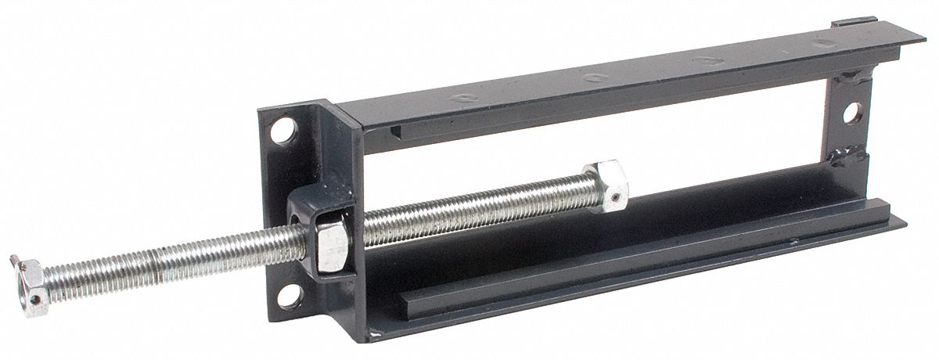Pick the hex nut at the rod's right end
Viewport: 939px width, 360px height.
605,185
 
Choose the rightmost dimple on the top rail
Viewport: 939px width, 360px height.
821,43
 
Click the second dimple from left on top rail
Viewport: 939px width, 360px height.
594,77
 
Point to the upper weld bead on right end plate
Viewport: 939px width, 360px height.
849,78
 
